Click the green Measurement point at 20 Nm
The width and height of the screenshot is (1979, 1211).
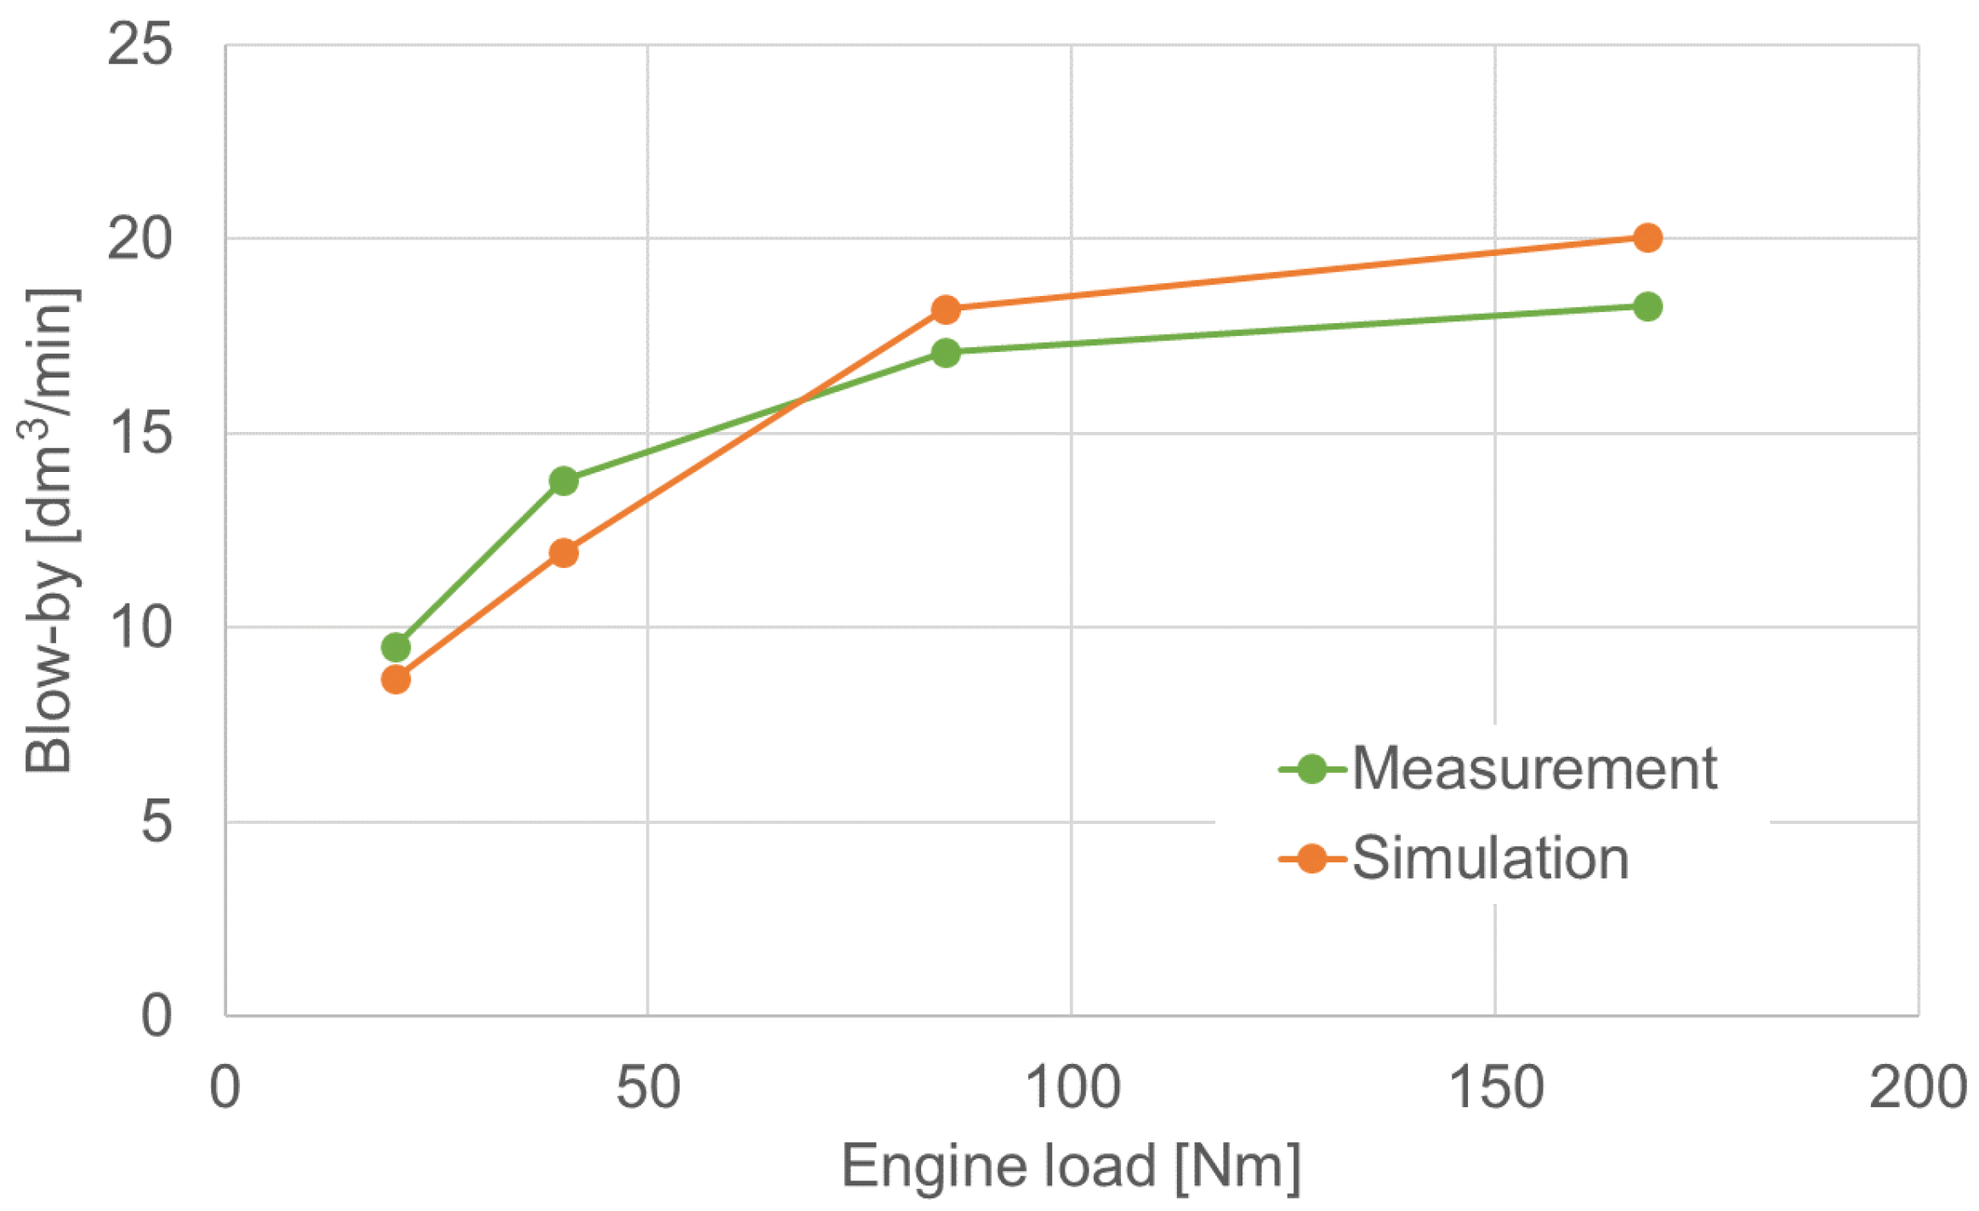(395, 647)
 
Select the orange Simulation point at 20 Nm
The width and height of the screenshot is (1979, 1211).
(395, 679)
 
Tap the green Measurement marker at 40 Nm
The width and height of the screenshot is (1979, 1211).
(564, 480)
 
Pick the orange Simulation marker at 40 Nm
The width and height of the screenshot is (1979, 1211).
(564, 554)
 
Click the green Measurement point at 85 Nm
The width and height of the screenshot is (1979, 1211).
(946, 352)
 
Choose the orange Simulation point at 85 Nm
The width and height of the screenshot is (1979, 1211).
(946, 310)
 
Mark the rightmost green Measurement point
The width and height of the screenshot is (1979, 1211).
(1647, 306)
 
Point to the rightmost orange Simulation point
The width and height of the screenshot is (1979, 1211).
(1647, 238)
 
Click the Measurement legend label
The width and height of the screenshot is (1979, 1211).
(1533, 769)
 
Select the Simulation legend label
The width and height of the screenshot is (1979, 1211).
(1490, 858)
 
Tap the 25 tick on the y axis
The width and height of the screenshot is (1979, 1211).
(139, 44)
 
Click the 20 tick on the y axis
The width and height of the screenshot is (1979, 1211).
(139, 239)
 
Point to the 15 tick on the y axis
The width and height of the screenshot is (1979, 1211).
(139, 433)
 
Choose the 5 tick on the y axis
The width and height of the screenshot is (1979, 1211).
(156, 822)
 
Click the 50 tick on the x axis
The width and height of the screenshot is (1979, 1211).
(648, 1087)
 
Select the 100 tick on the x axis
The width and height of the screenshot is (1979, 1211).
(1072, 1087)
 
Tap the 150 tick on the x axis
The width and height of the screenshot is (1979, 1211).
(1495, 1087)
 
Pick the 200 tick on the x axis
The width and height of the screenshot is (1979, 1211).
(1918, 1087)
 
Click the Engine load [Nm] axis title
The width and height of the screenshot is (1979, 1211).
(1071, 1166)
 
